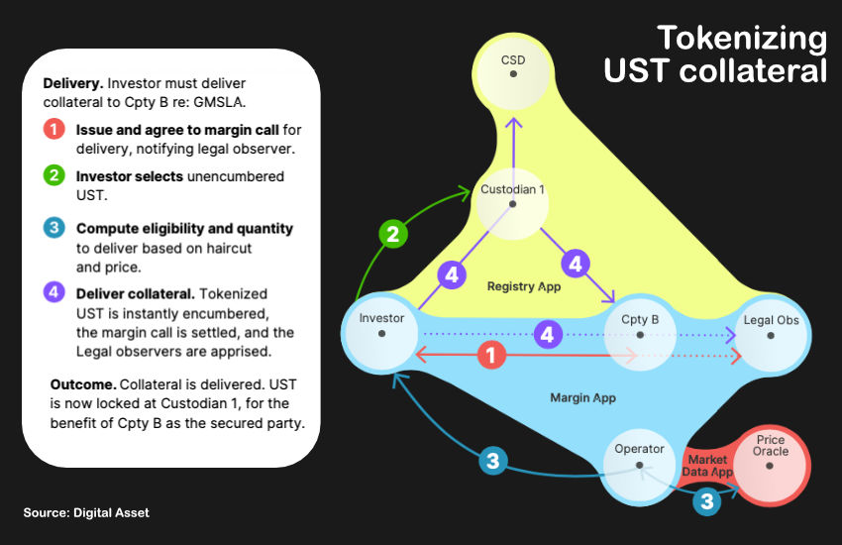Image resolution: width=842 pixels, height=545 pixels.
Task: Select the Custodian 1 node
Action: point(512,198)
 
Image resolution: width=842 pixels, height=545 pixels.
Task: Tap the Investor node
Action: point(381,328)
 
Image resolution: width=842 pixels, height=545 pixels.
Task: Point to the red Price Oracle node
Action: point(771,456)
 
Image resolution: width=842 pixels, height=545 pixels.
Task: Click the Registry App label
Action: point(524,286)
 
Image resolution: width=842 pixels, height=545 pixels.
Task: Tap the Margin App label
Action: point(582,397)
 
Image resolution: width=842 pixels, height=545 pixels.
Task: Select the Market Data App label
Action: point(707,466)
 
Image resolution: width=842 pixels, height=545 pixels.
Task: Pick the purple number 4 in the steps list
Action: point(55,292)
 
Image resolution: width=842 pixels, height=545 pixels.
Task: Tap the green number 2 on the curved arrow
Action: point(393,235)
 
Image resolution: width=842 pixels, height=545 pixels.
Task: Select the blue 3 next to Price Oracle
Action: point(706,502)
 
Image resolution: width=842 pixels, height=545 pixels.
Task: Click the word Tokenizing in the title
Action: point(742,39)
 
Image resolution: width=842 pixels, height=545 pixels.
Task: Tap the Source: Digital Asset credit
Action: point(86,512)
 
